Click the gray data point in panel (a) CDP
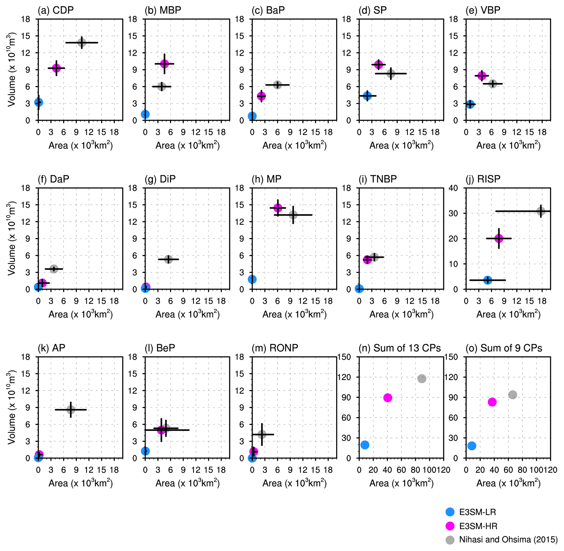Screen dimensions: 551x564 [x=82, y=43]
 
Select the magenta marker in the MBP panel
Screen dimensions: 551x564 [x=164, y=64]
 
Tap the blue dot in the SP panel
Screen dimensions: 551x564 [x=367, y=96]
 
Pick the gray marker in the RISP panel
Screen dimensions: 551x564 [x=541, y=211]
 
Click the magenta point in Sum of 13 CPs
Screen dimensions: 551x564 [x=388, y=398]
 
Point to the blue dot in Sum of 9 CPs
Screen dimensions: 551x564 [x=472, y=446]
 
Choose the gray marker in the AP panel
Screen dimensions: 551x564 [x=71, y=409]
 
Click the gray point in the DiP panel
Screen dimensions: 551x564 [x=168, y=259]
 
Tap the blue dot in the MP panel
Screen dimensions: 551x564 [x=252, y=279]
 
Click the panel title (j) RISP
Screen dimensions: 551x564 [x=483, y=179]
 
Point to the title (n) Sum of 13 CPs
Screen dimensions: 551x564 [x=399, y=348]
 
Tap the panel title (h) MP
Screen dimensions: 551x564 [x=266, y=179]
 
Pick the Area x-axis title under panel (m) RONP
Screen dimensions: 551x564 [x=294, y=483]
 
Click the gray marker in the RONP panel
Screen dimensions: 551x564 [x=262, y=434]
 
